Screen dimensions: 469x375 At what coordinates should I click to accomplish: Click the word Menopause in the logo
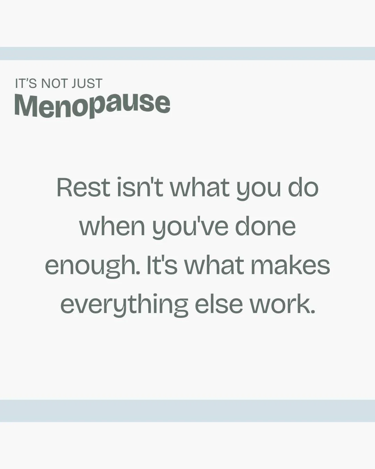coord(92,105)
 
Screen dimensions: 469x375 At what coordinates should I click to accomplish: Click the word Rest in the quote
coord(83,188)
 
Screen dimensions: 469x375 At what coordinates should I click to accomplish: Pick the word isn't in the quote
coord(140,188)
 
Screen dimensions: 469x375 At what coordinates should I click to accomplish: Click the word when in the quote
coord(112,227)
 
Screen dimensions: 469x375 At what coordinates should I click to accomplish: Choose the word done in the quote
coord(265,227)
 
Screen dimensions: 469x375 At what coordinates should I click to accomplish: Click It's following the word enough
coord(161,265)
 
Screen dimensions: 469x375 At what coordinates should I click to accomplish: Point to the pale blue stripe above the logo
coord(187,54)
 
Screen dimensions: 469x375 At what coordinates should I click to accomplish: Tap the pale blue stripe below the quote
coord(187,411)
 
